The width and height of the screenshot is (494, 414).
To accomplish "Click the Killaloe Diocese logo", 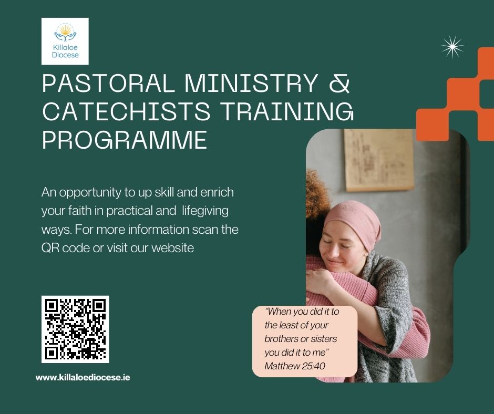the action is point(65,42).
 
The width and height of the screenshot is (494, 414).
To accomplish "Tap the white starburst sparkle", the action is point(452,47).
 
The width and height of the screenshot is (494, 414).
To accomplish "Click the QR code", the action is point(75,329).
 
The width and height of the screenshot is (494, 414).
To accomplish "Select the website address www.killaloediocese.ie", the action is point(83,377).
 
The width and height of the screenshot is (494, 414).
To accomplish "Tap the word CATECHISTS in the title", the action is point(126,111).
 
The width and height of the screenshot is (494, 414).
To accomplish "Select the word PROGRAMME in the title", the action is point(125,140).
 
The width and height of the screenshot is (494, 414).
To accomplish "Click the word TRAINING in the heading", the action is point(287,111).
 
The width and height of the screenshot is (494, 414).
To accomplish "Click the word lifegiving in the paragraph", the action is point(205,211).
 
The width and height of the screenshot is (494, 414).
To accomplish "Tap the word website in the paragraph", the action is point(173,247).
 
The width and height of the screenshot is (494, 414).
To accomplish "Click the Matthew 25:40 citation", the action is point(295,366).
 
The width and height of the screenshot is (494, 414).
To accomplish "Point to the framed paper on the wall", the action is point(379,160).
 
